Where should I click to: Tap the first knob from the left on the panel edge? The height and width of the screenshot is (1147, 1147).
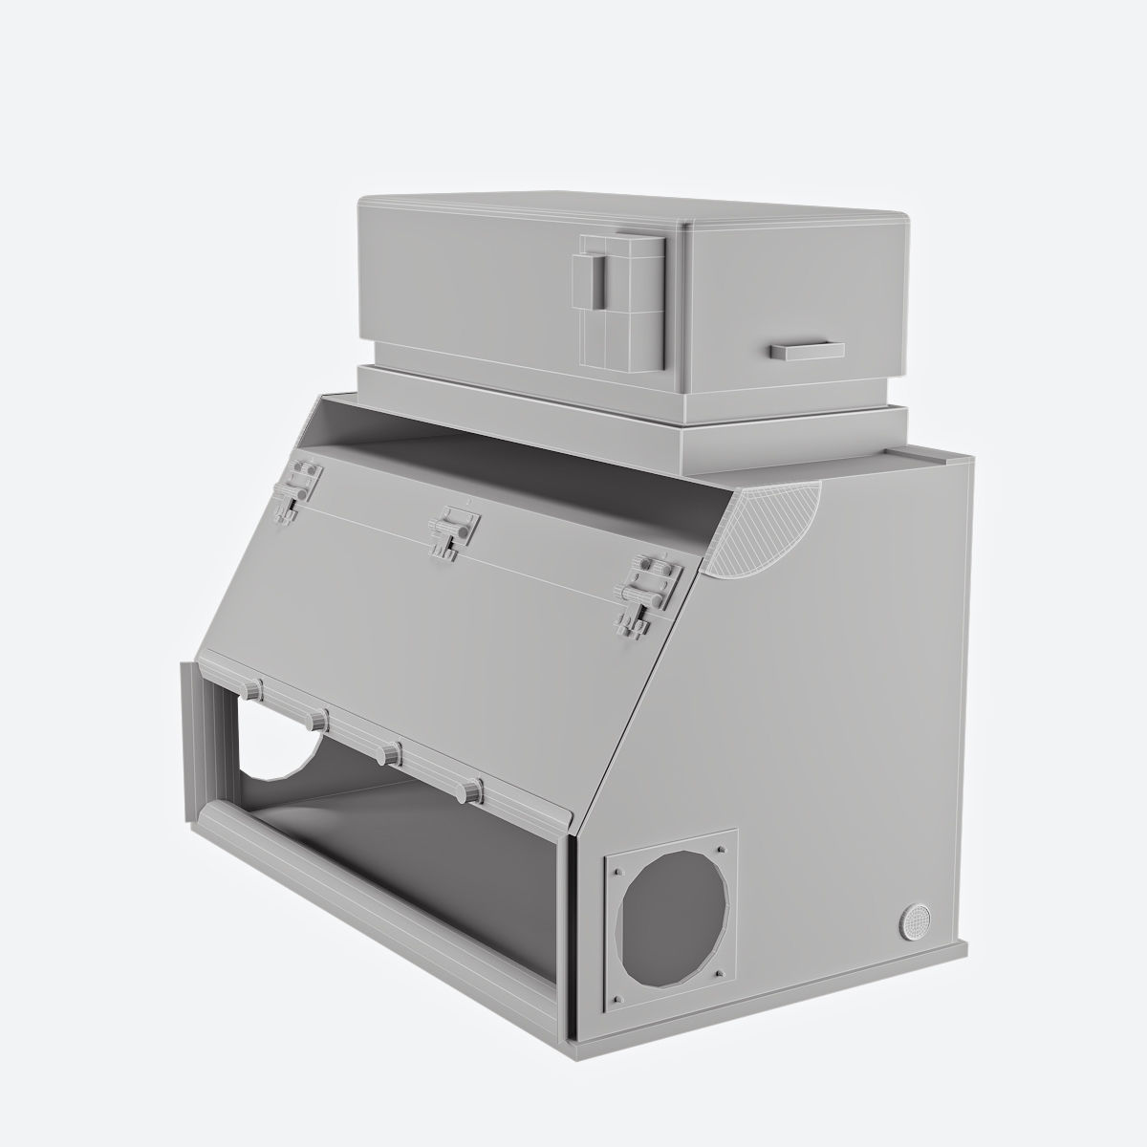tap(252, 690)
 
